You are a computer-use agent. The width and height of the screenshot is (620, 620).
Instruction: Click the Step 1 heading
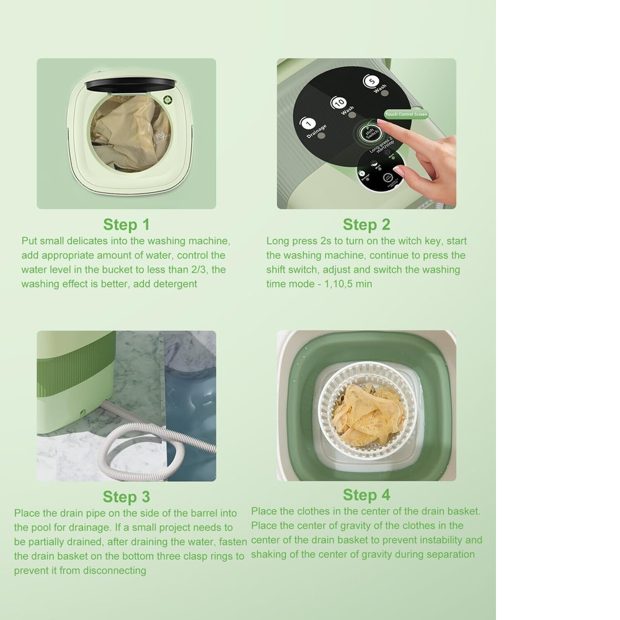pos(126,224)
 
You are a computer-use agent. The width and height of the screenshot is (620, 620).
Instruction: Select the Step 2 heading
pos(366,224)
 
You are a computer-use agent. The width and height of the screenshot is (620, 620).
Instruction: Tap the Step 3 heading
pos(126,497)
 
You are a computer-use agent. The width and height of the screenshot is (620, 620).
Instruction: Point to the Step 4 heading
pos(366,495)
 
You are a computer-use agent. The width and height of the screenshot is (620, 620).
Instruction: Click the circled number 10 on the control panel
pos(339,102)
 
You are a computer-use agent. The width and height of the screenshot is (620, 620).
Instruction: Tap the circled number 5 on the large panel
pos(371,81)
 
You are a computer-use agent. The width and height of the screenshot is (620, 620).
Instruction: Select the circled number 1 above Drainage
pos(308,124)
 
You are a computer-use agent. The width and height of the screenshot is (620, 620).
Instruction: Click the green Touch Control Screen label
pos(406,115)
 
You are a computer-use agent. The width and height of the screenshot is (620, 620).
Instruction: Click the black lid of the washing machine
pos(130,84)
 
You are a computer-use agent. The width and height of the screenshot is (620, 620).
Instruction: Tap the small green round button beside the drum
pos(167,99)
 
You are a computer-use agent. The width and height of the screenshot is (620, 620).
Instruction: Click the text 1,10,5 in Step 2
pos(339,284)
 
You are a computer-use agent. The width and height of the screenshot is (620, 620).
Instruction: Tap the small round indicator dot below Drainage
pos(321,135)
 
